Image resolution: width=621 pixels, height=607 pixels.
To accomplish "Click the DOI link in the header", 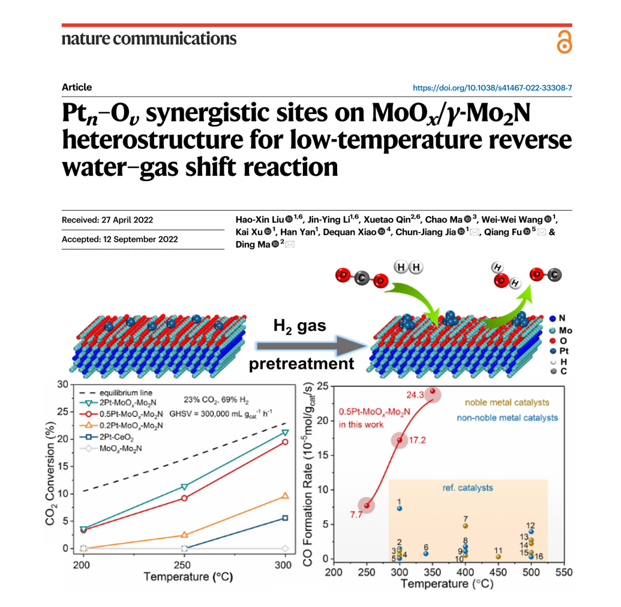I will [493, 88].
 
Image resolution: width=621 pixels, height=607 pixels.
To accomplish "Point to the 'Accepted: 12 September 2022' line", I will [120, 239].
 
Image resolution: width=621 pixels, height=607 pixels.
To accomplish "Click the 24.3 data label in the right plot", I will [414, 395].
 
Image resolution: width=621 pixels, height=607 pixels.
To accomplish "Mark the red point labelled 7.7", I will [367, 505].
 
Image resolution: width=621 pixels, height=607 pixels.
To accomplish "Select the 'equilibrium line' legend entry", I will [117, 391].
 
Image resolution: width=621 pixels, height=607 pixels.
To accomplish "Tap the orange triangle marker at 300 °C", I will [285, 496].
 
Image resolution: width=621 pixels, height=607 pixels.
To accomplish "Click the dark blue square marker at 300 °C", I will [285, 518].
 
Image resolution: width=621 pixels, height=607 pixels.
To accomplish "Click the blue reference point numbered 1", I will [400, 508].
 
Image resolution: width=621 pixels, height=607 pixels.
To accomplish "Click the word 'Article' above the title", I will [77, 88].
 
